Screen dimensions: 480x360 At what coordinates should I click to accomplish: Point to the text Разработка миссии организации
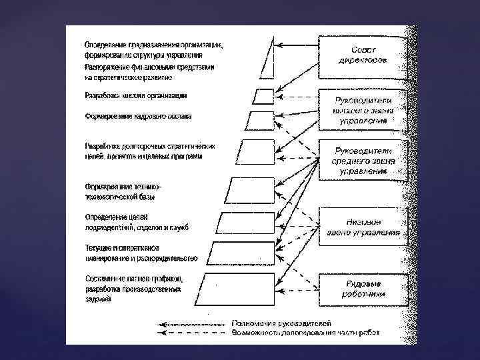pyautogui.click(x=135, y=95)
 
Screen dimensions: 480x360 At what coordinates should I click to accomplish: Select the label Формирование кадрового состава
pyautogui.click(x=138, y=116)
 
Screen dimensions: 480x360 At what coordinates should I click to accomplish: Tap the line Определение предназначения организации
pyautogui.click(x=154, y=45)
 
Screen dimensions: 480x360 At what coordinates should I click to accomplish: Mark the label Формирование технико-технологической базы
pyautogui.click(x=123, y=191)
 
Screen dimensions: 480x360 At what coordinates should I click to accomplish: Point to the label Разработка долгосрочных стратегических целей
pyautogui.click(x=149, y=145)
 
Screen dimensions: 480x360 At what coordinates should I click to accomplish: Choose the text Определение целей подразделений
pyautogui.click(x=117, y=217)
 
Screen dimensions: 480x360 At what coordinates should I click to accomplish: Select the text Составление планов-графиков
pyautogui.click(x=134, y=277)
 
